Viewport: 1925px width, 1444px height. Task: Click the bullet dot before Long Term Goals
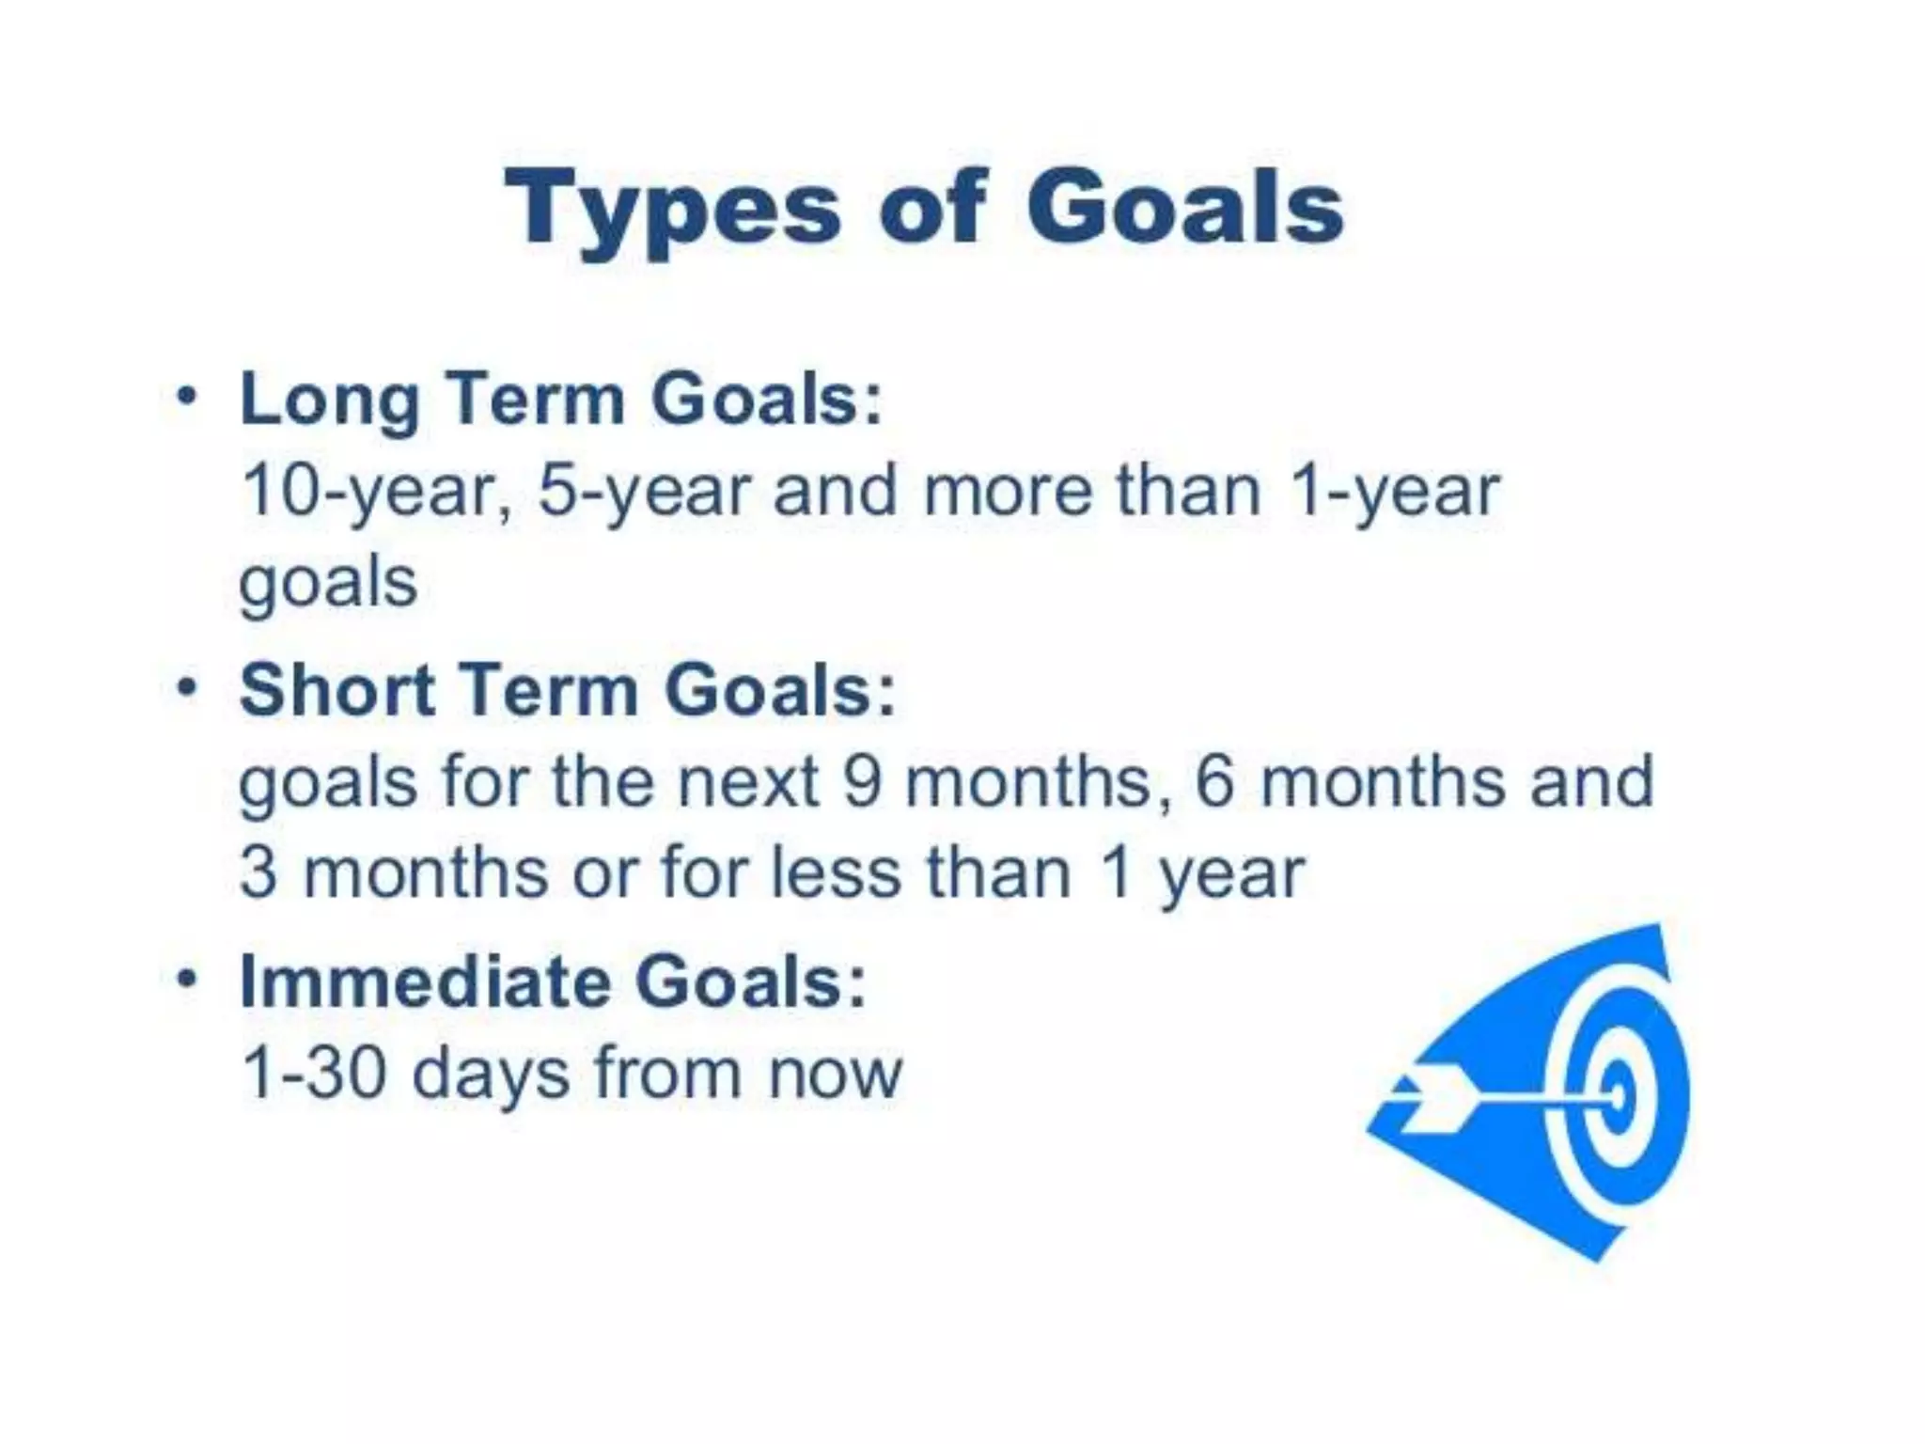point(188,396)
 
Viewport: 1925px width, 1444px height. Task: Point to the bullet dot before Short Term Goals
point(188,687)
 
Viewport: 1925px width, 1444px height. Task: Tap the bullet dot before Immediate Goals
point(188,979)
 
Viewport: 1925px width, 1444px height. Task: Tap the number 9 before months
point(862,782)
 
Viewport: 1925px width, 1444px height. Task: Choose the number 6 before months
point(1213,782)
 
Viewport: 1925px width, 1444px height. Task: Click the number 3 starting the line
point(258,873)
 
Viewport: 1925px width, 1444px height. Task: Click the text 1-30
point(314,1074)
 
